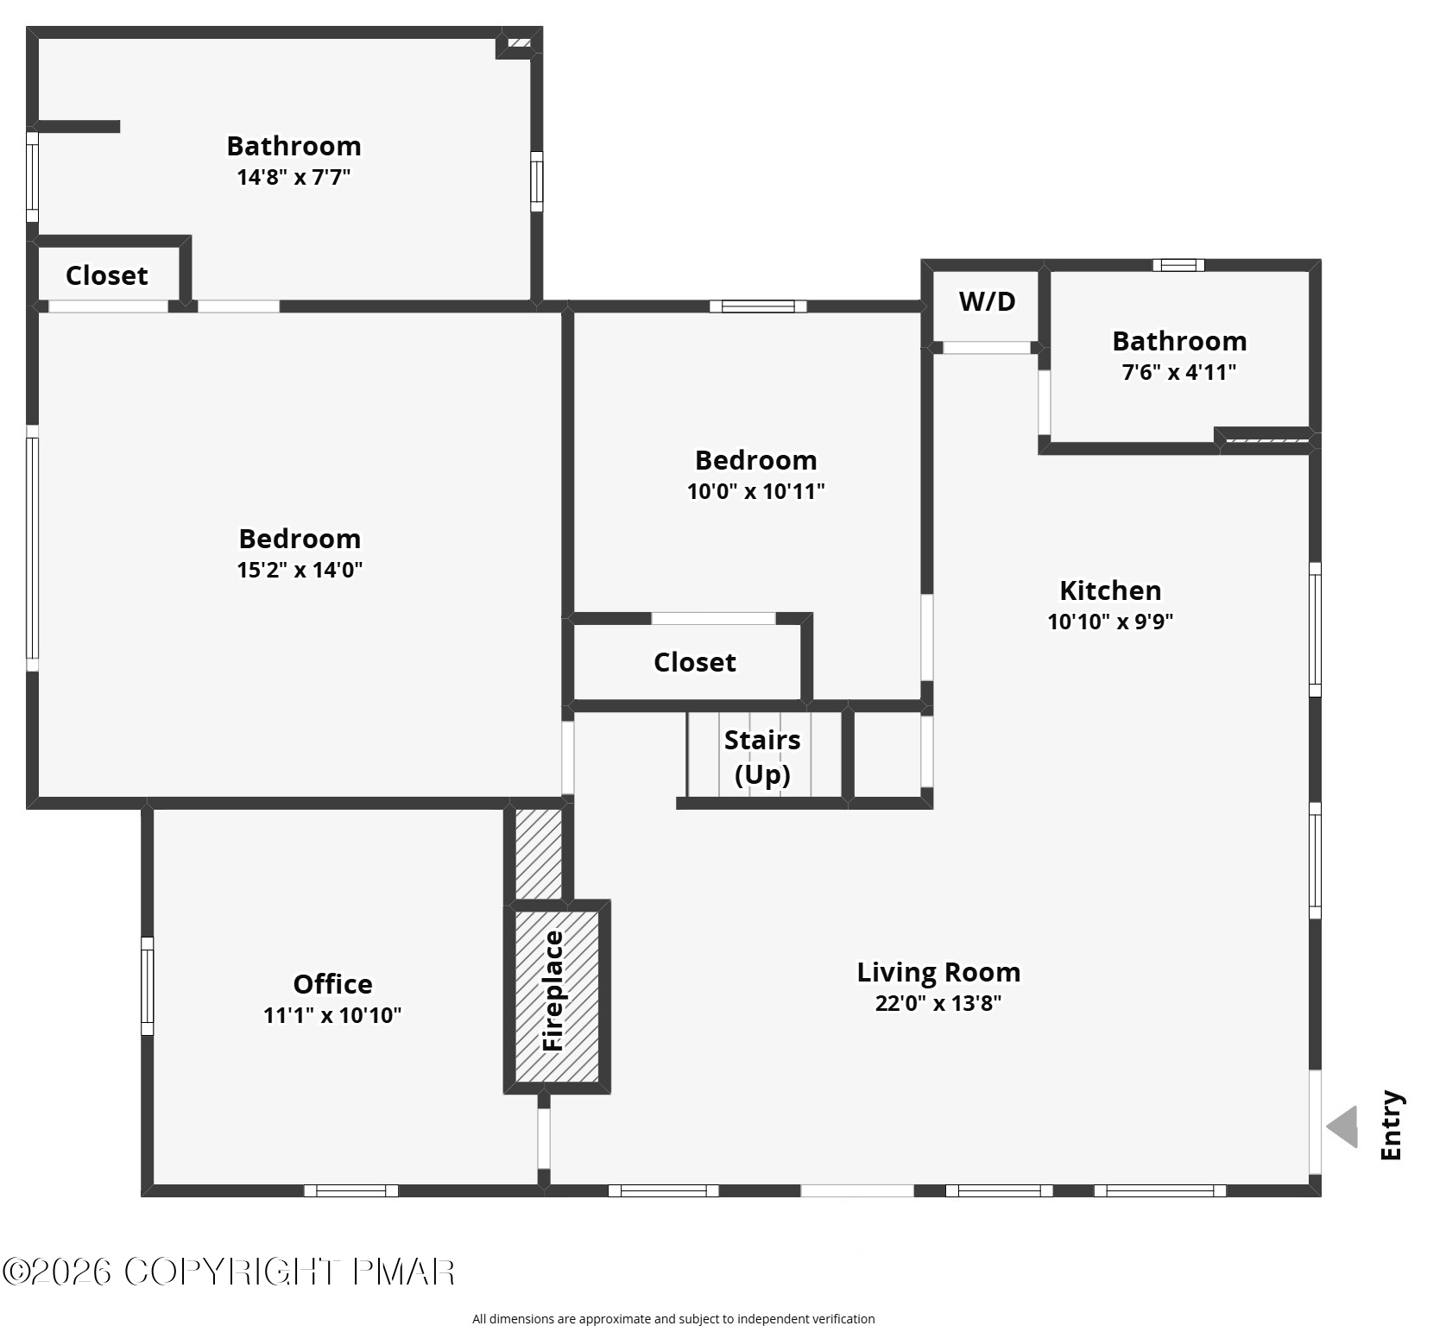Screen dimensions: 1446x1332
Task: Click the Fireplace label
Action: click(553, 990)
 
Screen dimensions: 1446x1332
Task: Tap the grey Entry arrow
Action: click(1342, 1127)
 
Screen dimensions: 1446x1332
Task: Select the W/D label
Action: click(988, 301)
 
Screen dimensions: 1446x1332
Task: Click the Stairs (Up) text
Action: click(762, 757)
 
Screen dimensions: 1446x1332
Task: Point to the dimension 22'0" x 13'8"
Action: click(938, 1003)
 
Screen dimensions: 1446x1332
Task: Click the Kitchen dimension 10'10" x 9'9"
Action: click(1110, 622)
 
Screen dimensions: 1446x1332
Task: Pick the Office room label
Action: click(332, 984)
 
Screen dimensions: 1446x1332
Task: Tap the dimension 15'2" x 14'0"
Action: click(300, 570)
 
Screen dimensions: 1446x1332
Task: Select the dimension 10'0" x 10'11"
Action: click(755, 491)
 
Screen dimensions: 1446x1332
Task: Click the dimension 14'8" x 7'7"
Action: click(294, 177)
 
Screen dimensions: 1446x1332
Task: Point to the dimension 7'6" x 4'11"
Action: click(1179, 372)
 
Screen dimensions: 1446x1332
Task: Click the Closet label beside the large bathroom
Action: click(107, 275)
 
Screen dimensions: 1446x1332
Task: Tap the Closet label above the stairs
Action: click(695, 662)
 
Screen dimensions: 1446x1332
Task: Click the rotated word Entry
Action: click(1391, 1126)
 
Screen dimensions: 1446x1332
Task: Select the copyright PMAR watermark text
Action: click(229, 1272)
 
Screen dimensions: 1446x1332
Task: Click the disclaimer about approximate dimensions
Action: click(673, 1318)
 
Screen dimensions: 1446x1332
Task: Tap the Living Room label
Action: click(938, 972)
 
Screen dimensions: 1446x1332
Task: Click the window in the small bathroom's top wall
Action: click(1178, 265)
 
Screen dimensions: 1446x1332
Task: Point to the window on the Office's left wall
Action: click(147, 986)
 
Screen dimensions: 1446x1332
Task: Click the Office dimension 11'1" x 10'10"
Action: click(332, 1015)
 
